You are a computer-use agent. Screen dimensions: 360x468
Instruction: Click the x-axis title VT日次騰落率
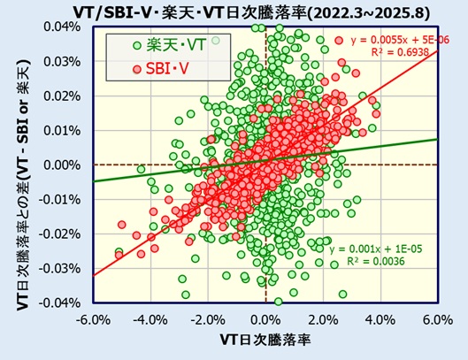[265, 340]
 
